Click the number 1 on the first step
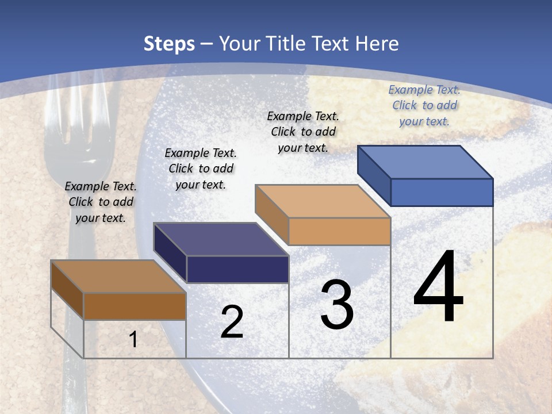pyautogui.click(x=133, y=339)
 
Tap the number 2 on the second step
pyautogui.click(x=232, y=322)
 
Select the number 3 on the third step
pyautogui.click(x=337, y=305)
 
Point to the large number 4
pyautogui.click(x=438, y=287)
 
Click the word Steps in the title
pyautogui.click(x=169, y=44)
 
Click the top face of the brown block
pyautogui.click(x=118, y=277)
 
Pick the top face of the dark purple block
pyautogui.click(x=221, y=239)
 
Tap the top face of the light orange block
pyautogui.click(x=323, y=201)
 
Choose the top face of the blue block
pyautogui.click(x=425, y=162)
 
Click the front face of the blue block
pyautogui.click(x=442, y=192)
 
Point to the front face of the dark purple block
pyautogui.click(x=237, y=269)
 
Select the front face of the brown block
pyautogui.click(x=135, y=306)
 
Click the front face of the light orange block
pyautogui.click(x=339, y=231)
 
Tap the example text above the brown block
pyautogui.click(x=101, y=202)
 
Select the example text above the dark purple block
pyautogui.click(x=201, y=168)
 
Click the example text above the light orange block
pyautogui.click(x=303, y=132)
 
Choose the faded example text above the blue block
pyautogui.click(x=424, y=105)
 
